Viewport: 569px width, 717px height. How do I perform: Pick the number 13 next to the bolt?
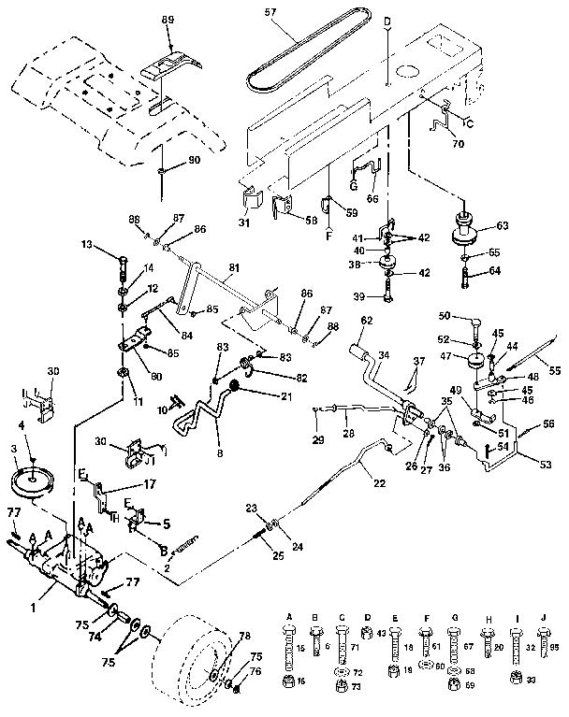click(87, 246)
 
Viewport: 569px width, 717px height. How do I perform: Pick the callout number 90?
click(195, 161)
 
